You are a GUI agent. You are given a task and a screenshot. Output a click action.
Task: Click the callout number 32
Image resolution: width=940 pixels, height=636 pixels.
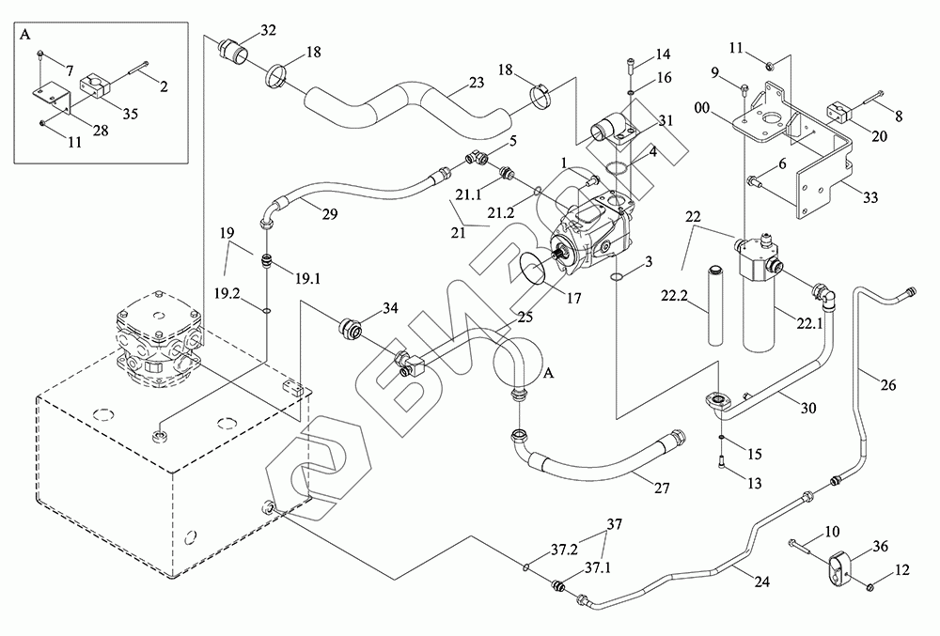[268, 30]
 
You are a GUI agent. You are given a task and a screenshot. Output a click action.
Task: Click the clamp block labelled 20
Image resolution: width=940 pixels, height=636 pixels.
[840, 112]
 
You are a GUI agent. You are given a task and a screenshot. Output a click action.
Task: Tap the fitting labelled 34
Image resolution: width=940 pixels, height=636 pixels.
[352, 330]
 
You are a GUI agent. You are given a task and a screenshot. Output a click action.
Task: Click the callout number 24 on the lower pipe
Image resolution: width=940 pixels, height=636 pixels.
[761, 582]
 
